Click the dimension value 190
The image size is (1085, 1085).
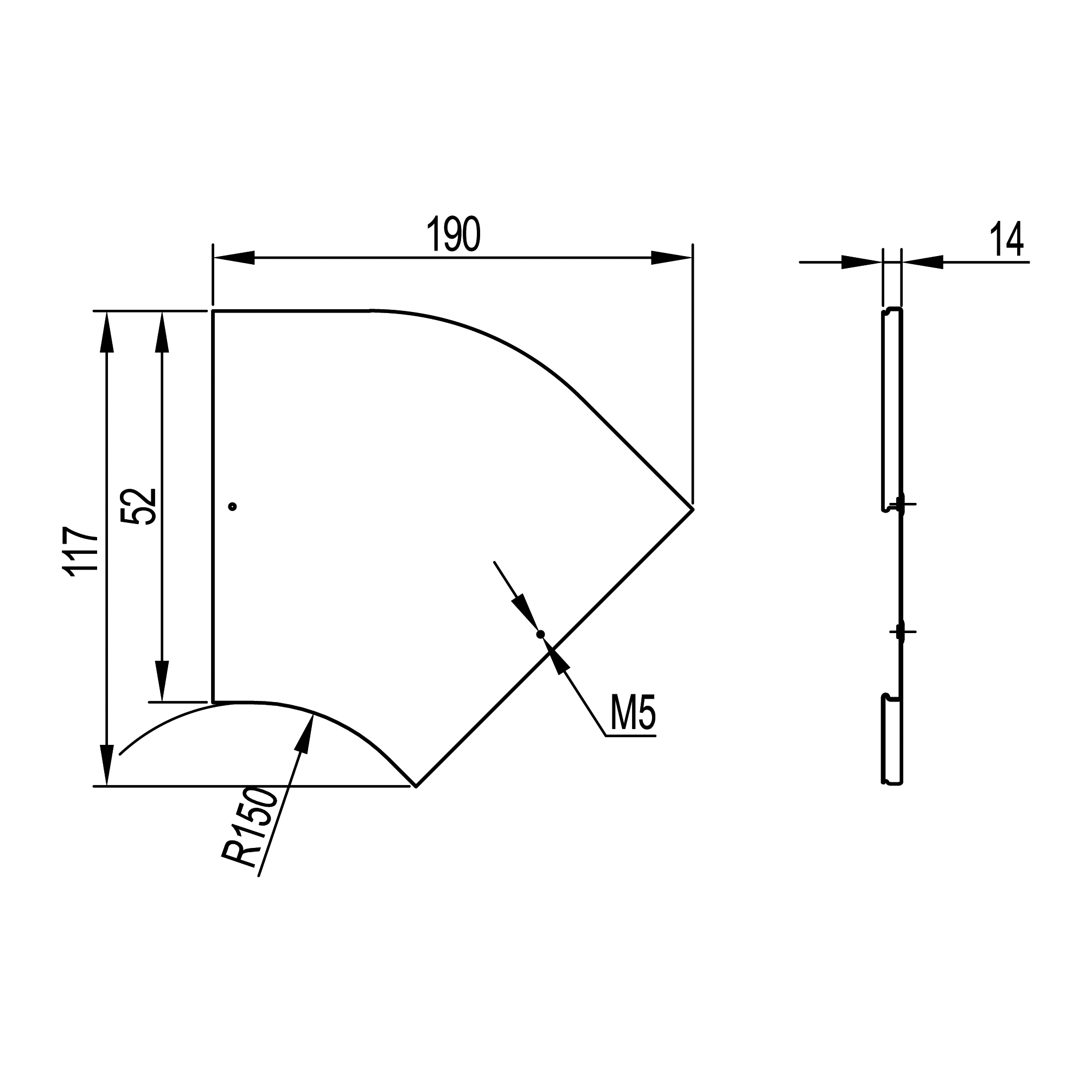pos(454,234)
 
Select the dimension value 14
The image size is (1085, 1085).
pos(1006,239)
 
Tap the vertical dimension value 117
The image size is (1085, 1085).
pos(81,552)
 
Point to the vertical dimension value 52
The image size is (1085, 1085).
pos(138,506)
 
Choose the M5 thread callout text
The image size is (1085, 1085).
pos(633,713)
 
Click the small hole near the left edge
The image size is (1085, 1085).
pos(233,507)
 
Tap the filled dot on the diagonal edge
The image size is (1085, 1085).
pos(540,634)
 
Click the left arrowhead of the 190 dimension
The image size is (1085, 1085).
pos(234,258)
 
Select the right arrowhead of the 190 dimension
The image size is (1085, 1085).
pos(672,258)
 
